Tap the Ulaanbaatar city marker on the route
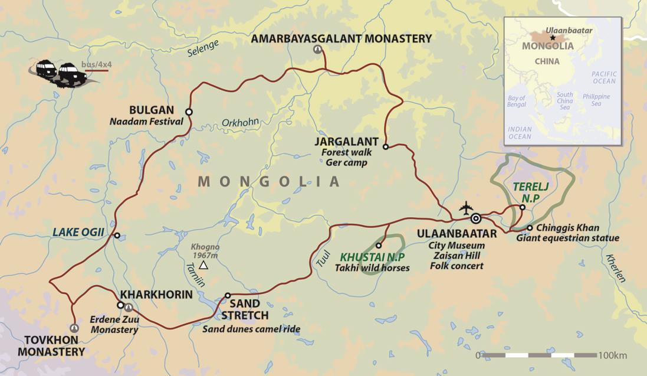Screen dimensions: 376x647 476,218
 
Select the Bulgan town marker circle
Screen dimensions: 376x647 189,112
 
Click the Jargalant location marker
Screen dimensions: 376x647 385,146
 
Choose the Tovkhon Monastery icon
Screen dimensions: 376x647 74,328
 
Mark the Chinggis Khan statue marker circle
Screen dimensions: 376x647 530,228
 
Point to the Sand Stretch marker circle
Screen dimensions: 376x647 228,296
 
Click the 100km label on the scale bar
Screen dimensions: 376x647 612,355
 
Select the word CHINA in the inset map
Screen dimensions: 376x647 547,61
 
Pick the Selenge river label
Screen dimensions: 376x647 203,50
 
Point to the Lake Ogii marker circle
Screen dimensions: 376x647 117,236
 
